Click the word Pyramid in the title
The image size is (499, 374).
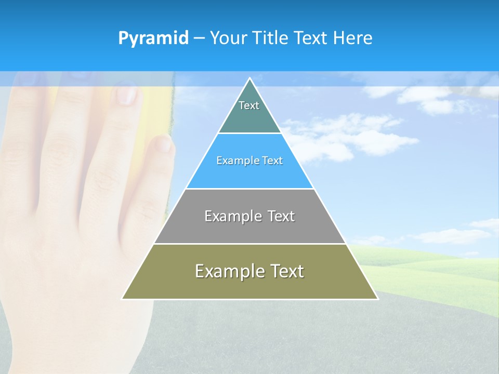point(153,38)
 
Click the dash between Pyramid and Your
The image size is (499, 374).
point(199,38)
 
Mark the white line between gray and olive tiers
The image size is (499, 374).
point(249,244)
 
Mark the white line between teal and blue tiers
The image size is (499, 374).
point(249,133)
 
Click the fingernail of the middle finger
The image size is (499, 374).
point(126,95)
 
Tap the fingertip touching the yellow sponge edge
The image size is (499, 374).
point(163,143)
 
